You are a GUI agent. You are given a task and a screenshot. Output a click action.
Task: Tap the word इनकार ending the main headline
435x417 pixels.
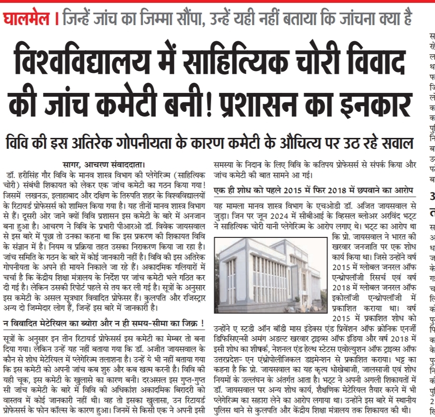[363, 106]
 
